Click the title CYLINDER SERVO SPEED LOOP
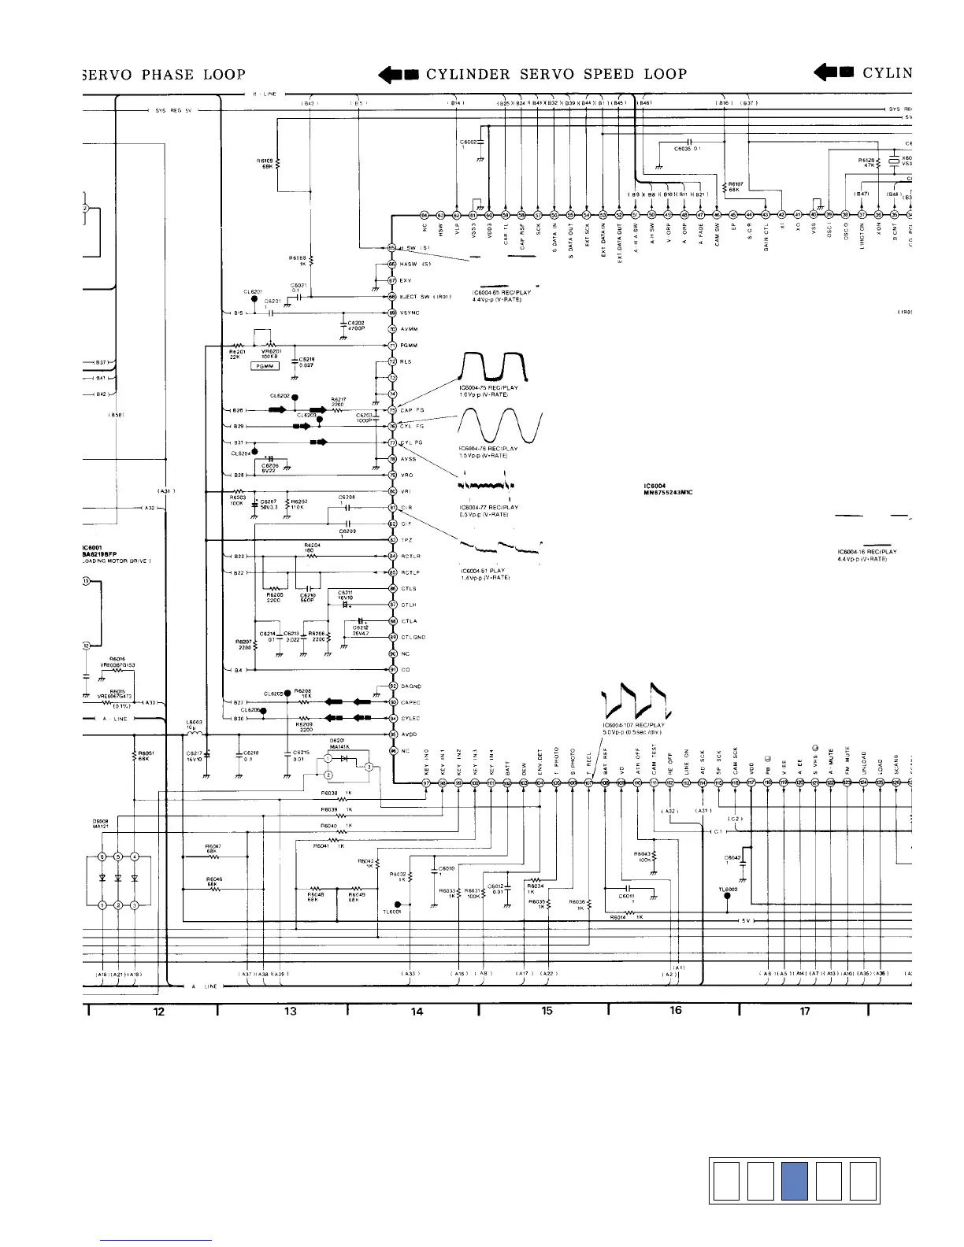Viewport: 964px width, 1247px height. click(556, 74)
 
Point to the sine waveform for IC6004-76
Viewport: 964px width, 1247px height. click(500, 427)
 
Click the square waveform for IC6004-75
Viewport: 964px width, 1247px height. click(494, 367)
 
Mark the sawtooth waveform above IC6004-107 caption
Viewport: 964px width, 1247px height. click(634, 702)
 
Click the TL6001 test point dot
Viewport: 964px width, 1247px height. click(398, 905)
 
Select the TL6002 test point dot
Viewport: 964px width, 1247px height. click(727, 899)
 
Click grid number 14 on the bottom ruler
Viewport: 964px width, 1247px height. click(417, 1012)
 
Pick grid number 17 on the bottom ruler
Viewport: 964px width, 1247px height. click(805, 1012)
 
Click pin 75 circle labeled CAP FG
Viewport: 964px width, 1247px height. click(392, 410)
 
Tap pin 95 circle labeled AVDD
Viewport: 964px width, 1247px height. click(392, 735)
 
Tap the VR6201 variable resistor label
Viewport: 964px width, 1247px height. click(273, 354)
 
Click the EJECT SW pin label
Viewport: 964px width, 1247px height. click(425, 297)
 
